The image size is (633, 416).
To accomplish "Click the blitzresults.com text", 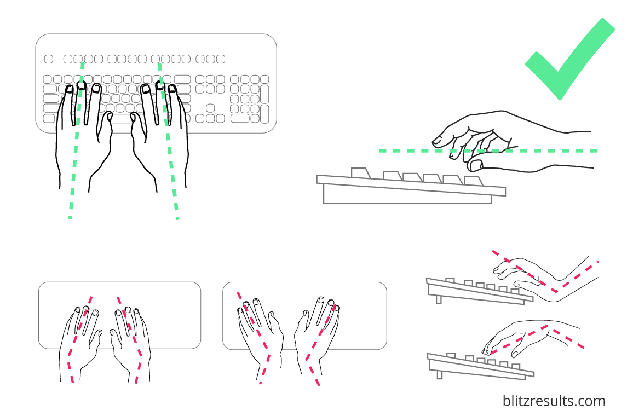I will (554, 401).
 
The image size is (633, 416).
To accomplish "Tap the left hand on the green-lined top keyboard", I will (82, 137).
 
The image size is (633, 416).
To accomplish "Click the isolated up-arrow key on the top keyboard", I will (210, 107).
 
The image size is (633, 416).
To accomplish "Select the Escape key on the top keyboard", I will (48, 59).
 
